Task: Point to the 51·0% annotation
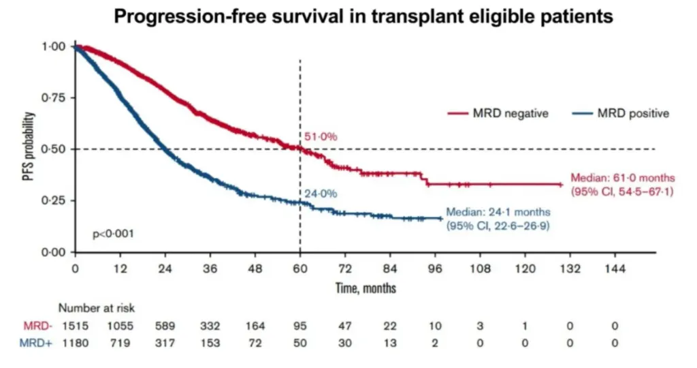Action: [x=321, y=137]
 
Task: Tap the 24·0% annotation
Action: [x=321, y=194]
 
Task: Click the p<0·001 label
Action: [x=113, y=234]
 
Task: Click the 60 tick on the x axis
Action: [x=300, y=269]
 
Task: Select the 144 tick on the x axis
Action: [x=615, y=269]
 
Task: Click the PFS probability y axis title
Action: [x=28, y=149]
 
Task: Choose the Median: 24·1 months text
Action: [x=498, y=213]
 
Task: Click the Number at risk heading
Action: [x=96, y=309]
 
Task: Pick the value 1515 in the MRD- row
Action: [x=74, y=326]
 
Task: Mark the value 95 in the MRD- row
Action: [x=299, y=326]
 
